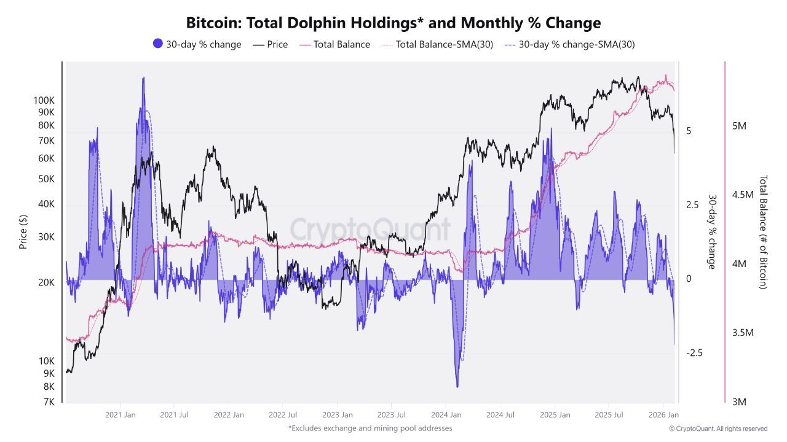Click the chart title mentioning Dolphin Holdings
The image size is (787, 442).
pyautogui.click(x=393, y=23)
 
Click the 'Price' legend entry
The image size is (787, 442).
pyautogui.click(x=271, y=44)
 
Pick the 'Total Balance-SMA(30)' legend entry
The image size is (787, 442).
pyautogui.click(x=437, y=44)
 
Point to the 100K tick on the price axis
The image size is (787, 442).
pyautogui.click(x=44, y=99)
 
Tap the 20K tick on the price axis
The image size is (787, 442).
pyautogui.click(x=46, y=282)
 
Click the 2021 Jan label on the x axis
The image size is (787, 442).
pyautogui.click(x=121, y=415)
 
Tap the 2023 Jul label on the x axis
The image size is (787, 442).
pyautogui.click(x=392, y=415)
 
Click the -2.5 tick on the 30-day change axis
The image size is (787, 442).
pyautogui.click(x=694, y=353)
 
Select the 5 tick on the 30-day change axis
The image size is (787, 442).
pyautogui.click(x=689, y=131)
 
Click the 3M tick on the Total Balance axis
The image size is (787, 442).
pyautogui.click(x=739, y=401)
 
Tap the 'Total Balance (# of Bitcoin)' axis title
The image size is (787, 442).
pyautogui.click(x=763, y=232)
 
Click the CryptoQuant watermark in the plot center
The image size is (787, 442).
pyautogui.click(x=370, y=230)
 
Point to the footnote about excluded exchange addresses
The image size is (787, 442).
pyautogui.click(x=370, y=428)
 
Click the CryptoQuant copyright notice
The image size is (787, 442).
pyautogui.click(x=718, y=428)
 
